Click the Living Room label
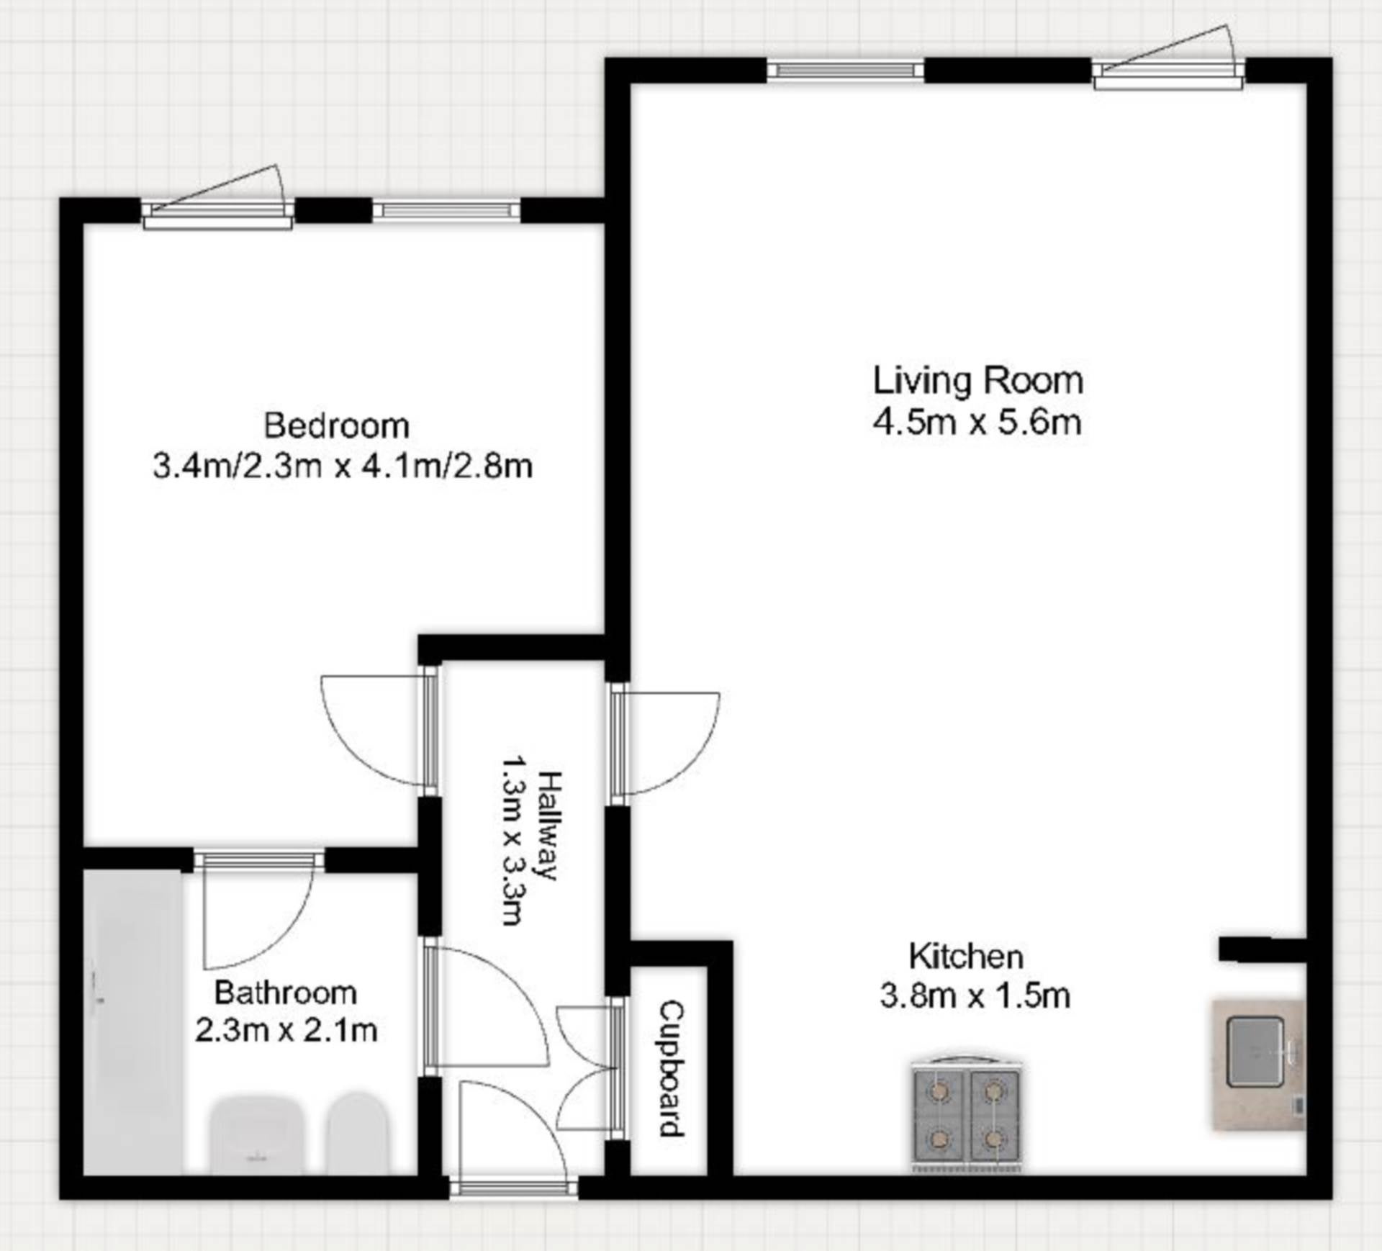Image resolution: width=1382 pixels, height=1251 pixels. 977,381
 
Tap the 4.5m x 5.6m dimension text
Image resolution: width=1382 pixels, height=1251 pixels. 977,422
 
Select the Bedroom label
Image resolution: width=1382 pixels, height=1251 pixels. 337,425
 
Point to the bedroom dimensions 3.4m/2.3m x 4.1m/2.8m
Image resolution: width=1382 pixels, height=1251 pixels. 343,466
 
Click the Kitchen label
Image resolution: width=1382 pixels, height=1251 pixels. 966,957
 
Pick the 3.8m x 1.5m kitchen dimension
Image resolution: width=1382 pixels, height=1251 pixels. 975,996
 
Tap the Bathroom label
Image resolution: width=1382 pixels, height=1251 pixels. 286,993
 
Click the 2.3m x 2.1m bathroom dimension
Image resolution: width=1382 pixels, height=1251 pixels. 286,1031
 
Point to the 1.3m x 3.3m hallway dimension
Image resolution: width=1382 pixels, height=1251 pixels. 513,839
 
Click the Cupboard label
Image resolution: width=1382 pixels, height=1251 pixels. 672,1069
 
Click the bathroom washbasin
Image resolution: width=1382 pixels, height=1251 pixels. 256,1135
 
